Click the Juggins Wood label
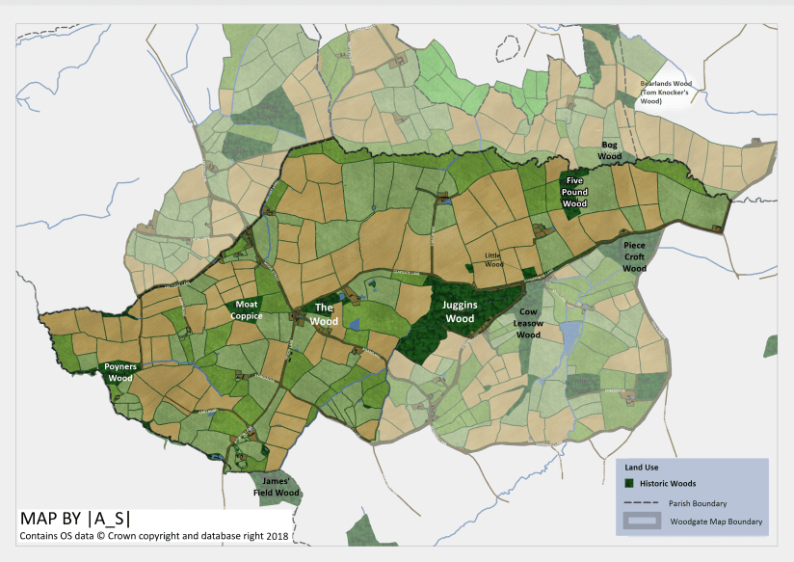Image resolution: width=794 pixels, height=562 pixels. click(460, 311)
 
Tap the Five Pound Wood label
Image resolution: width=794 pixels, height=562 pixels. click(575, 192)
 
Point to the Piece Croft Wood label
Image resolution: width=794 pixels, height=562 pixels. click(633, 257)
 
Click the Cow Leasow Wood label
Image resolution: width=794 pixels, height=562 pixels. click(528, 324)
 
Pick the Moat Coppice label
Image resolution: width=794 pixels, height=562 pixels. click(247, 309)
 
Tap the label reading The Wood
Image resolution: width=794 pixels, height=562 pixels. click(325, 314)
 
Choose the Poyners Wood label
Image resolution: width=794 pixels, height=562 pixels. click(119, 373)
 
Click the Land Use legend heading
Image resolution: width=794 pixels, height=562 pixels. click(642, 468)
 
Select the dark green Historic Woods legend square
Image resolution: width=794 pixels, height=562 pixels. click(628, 483)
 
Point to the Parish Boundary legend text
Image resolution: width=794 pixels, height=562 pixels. click(697, 503)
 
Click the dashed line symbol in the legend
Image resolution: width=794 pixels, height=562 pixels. click(640, 503)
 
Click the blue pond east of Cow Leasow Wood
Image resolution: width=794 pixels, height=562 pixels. click(570, 337)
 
